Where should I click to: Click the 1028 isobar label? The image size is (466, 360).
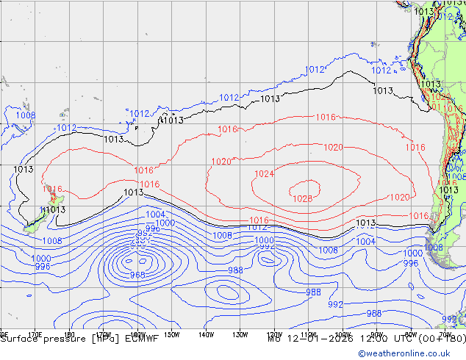tap(303, 198)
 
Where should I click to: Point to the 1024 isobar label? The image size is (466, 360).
tap(264, 174)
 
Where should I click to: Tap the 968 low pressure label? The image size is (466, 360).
tap(137, 275)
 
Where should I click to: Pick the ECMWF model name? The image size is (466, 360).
tap(143, 339)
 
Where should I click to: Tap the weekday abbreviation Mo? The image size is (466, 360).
tap(274, 339)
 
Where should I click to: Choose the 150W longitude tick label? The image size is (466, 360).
tap(172, 333)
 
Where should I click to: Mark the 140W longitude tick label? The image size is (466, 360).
tap(206, 333)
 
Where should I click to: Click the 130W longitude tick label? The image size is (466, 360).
tap(240, 333)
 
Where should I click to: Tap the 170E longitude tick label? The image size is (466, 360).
tap(34, 333)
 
